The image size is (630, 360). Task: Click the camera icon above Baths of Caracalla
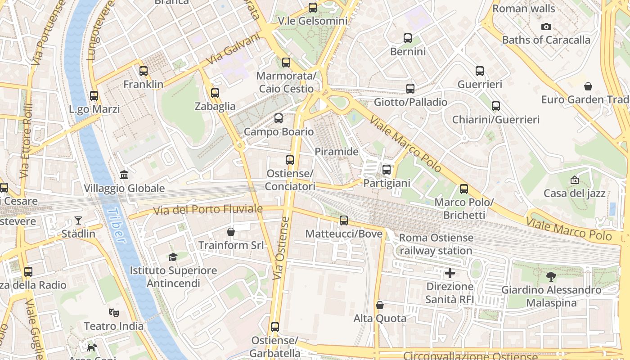546,27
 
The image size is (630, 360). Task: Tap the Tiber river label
116,225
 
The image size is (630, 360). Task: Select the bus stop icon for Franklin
144,71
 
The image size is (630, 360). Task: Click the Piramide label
337,152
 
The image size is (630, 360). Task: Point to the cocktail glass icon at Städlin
78,220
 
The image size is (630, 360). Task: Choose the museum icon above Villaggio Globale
124,175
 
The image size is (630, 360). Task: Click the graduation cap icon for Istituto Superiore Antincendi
173,257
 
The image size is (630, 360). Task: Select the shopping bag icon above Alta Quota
380,305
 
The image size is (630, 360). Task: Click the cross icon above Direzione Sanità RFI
450,273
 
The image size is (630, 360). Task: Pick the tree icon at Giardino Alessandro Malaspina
551,276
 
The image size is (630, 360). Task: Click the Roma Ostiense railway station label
436,244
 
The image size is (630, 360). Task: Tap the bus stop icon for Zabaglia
215,93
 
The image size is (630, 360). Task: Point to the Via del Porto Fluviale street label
208,210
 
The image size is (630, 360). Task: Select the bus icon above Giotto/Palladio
410,89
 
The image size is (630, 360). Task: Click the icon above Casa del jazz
575,180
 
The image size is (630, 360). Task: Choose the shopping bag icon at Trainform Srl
231,232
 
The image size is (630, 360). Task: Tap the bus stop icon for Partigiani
387,170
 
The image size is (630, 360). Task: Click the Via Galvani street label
234,50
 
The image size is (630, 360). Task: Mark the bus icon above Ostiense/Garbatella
275,327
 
